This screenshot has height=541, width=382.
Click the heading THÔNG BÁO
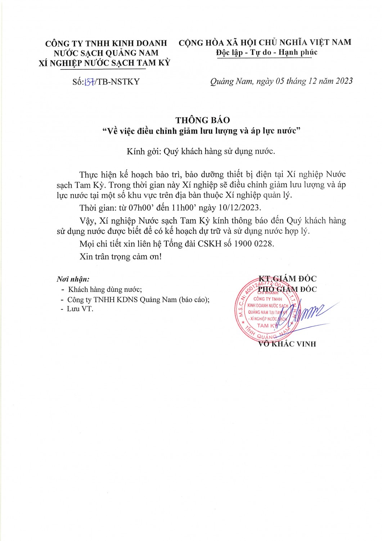(202, 120)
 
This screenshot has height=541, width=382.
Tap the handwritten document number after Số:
(89, 82)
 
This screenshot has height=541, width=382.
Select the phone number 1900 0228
(253, 244)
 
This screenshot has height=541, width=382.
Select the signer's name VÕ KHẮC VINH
(287, 344)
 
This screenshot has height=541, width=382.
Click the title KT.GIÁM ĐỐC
(287, 279)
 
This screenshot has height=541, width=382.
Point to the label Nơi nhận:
(73, 279)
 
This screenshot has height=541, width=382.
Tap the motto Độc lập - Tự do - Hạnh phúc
(266, 52)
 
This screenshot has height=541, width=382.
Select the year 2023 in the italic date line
(344, 81)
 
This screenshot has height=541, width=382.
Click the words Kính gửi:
(144, 151)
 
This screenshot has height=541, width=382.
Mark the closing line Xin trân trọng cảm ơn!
(121, 257)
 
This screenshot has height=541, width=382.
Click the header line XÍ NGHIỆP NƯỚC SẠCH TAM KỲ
(104, 63)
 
